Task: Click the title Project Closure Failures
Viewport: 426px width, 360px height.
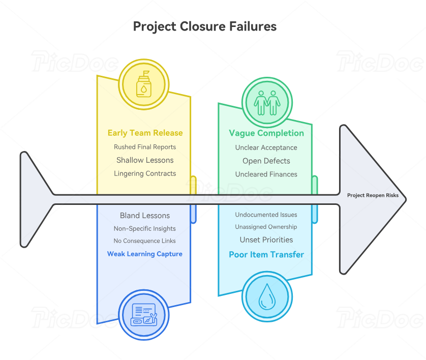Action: pos(205,26)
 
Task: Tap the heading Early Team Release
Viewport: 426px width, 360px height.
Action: pos(145,133)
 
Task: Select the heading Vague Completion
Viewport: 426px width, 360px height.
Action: pos(266,133)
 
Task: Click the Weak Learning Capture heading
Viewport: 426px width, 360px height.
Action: pos(145,254)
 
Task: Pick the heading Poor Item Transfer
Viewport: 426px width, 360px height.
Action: pos(266,255)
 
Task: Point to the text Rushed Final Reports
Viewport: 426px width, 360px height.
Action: pos(145,147)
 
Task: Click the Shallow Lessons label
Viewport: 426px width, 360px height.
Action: pos(145,160)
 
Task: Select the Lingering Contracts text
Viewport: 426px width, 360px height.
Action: pos(145,173)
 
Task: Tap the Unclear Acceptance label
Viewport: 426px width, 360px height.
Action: pos(266,147)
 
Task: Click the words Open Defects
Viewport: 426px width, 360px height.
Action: pos(266,161)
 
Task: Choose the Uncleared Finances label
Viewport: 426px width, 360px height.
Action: pos(266,174)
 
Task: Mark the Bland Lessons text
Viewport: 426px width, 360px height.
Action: pos(145,216)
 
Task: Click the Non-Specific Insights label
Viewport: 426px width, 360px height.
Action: pos(145,228)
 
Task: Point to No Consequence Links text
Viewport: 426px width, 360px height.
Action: pos(145,241)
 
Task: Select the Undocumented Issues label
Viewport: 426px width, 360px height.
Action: pos(266,215)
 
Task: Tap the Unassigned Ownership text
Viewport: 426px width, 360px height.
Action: pos(266,227)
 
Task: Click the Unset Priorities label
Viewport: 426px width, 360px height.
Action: pos(266,239)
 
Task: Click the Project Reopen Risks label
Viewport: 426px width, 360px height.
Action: pos(373,195)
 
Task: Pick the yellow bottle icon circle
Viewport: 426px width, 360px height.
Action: pos(143,84)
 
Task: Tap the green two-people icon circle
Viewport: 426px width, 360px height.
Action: pos(267,102)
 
